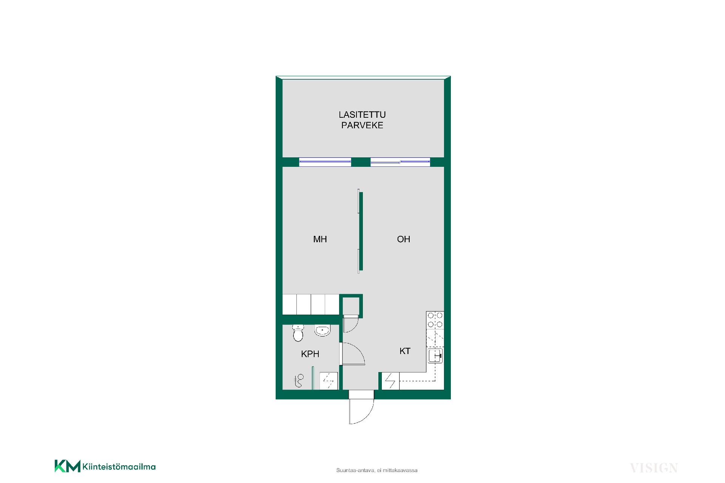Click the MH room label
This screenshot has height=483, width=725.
[320, 239]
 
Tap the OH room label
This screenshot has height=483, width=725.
[403, 239]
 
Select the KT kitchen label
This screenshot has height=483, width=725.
[405, 351]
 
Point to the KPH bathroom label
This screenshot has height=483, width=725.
[310, 354]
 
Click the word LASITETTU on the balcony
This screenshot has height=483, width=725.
[362, 115]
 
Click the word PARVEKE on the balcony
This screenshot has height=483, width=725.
[362, 125]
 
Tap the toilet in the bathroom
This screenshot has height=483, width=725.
[298, 333]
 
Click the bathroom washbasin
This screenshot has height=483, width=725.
[322, 331]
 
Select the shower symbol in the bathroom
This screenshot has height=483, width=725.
[299, 381]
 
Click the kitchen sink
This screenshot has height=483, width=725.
[436, 355]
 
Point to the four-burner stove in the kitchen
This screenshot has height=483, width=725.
[435, 320]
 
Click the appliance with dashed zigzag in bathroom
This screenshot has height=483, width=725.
[328, 381]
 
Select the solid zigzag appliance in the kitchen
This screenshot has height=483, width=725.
[390, 381]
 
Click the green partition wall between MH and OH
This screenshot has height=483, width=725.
[361, 231]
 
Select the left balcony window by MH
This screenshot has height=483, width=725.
[325, 162]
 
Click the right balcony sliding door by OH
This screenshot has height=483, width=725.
[400, 162]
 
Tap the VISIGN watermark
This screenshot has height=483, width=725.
[654, 468]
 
